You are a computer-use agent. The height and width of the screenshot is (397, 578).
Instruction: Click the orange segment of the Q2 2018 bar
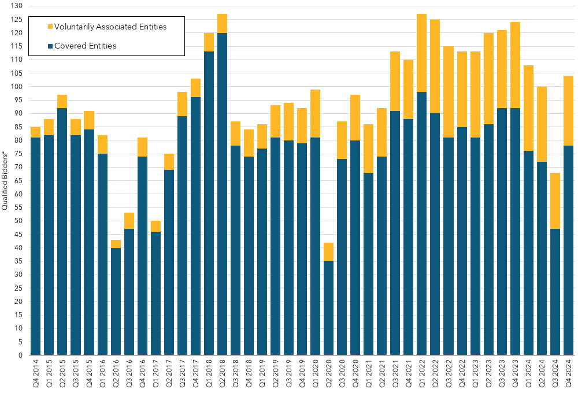pyautogui.click(x=223, y=23)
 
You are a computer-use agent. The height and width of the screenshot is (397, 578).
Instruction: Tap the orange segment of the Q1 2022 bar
pyautogui.click(x=421, y=53)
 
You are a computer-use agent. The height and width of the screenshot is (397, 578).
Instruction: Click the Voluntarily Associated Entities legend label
pyautogui.click(x=110, y=27)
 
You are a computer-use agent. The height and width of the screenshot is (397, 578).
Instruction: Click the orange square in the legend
pyautogui.click(x=50, y=27)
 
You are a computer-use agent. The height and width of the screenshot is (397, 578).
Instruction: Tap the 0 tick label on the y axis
pyautogui.click(x=21, y=355)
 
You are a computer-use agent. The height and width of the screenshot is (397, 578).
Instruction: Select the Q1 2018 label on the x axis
pyautogui.click(x=209, y=374)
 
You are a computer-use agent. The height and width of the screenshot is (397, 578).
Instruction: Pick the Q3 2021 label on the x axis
pyautogui.click(x=395, y=374)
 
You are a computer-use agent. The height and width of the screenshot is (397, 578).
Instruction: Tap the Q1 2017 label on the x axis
pyautogui.click(x=156, y=374)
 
